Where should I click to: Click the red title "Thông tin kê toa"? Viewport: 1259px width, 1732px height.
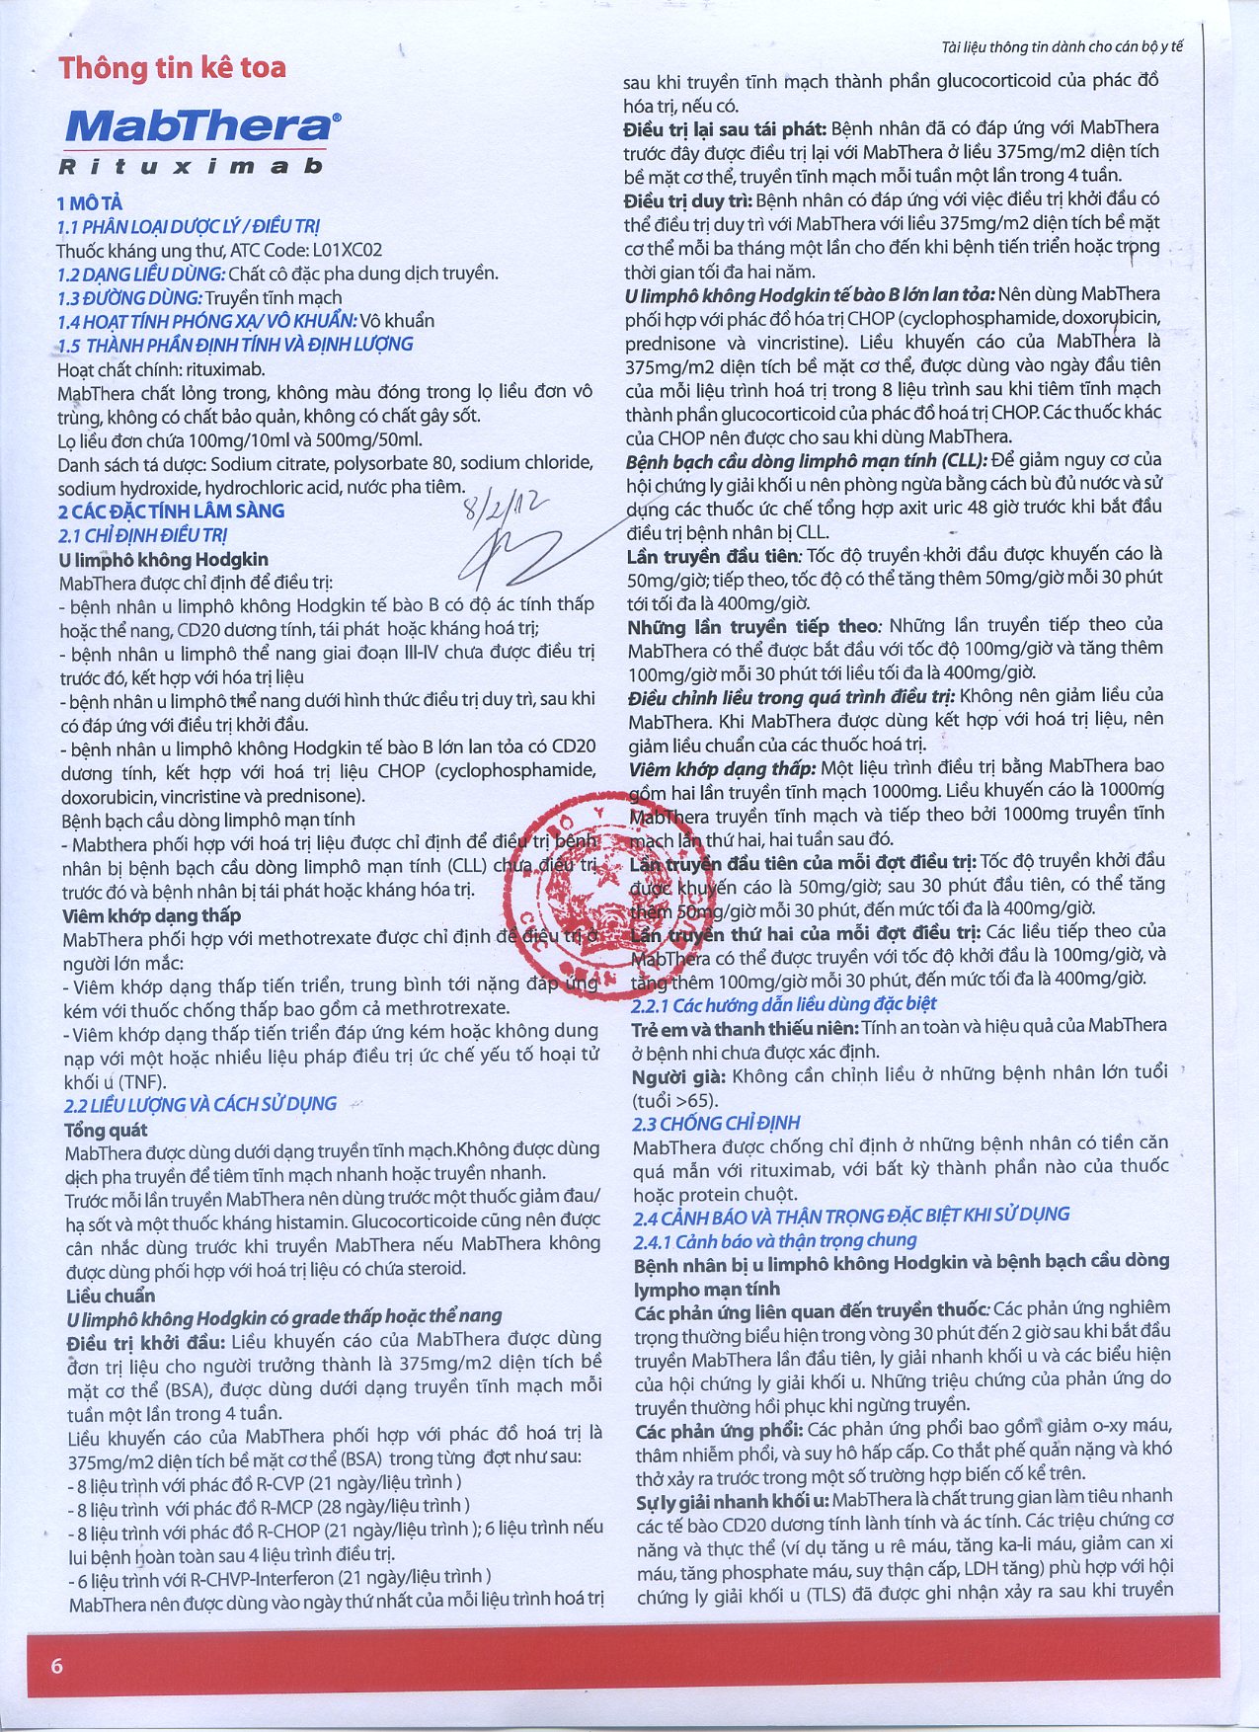172,68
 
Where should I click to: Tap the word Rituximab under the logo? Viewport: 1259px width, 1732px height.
191,166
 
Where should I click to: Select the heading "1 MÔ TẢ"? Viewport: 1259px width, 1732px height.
90,203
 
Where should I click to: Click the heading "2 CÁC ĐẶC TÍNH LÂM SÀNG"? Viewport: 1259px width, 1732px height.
171,511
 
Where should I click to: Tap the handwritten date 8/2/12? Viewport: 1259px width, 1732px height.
505,510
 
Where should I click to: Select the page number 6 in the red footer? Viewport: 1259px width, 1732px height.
56,1666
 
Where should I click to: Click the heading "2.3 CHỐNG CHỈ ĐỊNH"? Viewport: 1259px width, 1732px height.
716,1123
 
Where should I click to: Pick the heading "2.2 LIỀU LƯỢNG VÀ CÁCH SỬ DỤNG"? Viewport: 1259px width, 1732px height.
200,1104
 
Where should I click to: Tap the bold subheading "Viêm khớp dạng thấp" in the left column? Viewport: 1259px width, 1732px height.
151,915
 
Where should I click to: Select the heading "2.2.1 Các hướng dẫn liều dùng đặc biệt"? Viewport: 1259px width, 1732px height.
784,1004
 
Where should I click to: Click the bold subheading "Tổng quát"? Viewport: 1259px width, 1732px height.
106,1130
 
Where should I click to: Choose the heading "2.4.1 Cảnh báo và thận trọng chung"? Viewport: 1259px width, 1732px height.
775,1240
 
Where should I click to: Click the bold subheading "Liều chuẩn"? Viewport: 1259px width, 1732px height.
111,1296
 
